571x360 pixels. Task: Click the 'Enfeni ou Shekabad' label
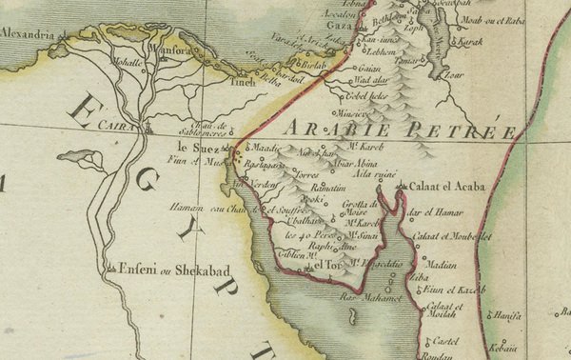click(x=165, y=270)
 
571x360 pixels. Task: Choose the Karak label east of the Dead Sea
click(x=472, y=43)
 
